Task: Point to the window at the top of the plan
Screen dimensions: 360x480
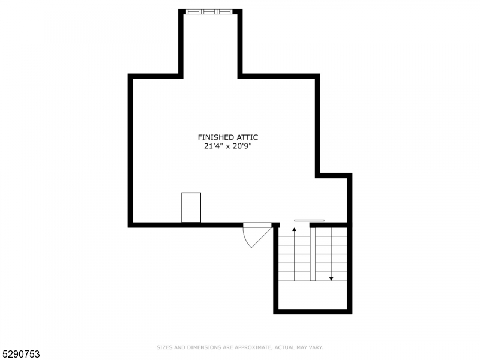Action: click(209, 11)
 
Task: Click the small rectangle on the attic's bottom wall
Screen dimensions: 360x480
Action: click(191, 208)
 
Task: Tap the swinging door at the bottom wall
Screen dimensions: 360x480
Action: click(254, 233)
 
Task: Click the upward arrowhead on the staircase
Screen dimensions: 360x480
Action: click(294, 230)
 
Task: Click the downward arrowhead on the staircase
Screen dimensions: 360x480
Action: click(331, 278)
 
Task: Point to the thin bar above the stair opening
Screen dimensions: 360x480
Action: click(309, 220)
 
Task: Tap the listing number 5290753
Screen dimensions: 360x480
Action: click(20, 354)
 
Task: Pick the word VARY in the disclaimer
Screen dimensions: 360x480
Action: click(316, 347)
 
